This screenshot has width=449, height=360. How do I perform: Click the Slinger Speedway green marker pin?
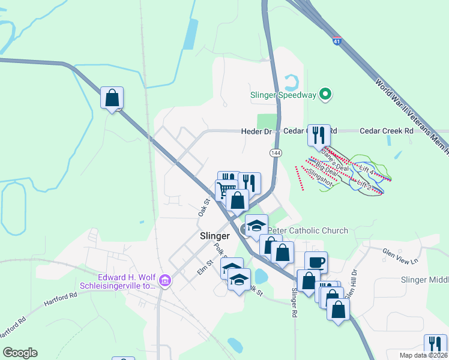coord(325,95)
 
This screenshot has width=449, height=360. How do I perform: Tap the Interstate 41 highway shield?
coord(338,41)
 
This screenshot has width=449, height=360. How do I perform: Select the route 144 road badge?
coord(276,154)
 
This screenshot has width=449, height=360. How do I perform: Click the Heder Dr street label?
coord(256,131)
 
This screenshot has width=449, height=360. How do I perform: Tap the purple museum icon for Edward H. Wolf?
coord(166,280)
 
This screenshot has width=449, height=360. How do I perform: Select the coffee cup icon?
coord(316,262)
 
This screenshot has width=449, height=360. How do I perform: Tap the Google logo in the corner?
coord(20,353)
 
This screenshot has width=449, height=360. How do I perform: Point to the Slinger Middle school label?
coord(424,280)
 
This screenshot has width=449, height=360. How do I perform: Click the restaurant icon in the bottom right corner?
coord(435,344)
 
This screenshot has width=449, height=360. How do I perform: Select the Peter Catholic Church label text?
coord(309,230)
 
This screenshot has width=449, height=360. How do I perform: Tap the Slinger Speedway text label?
coord(283,95)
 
